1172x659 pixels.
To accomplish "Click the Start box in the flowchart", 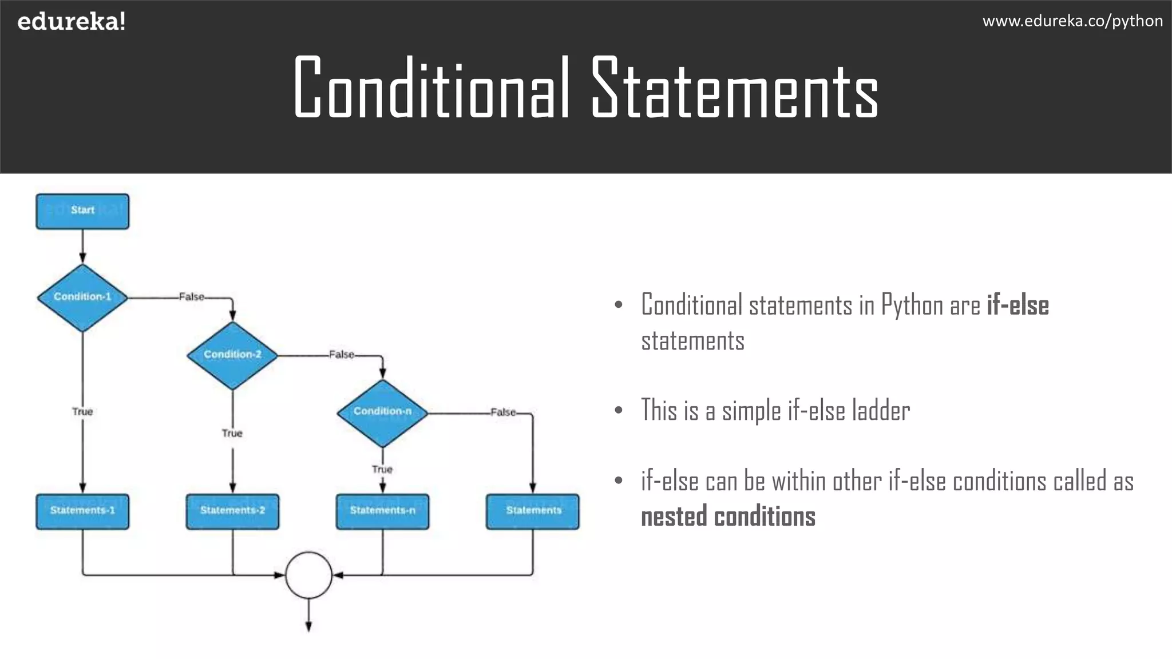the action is pyautogui.click(x=82, y=211).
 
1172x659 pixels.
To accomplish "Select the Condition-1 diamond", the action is pyautogui.click(x=82, y=297).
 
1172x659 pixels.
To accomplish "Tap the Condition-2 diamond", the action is pyautogui.click(x=232, y=355).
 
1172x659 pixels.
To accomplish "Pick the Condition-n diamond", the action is pyautogui.click(x=382, y=412).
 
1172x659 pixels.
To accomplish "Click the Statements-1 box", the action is pyautogui.click(x=82, y=511).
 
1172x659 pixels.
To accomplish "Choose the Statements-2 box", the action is pyautogui.click(x=232, y=511).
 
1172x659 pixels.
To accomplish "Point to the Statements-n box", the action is pyautogui.click(x=382, y=511).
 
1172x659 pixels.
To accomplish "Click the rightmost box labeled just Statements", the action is pyautogui.click(x=533, y=511).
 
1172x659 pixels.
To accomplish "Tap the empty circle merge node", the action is pyautogui.click(x=308, y=575).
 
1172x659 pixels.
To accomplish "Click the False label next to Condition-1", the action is pyautogui.click(x=191, y=297).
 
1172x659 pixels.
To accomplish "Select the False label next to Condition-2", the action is pyautogui.click(x=342, y=355).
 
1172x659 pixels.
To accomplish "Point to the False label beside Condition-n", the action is pyautogui.click(x=503, y=412).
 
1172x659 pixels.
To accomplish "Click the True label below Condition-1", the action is pyautogui.click(x=82, y=411).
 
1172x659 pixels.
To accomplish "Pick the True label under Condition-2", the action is pyautogui.click(x=232, y=433).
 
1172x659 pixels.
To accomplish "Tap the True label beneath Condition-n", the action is pyautogui.click(x=382, y=469).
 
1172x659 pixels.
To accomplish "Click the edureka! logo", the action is pyautogui.click(x=72, y=22).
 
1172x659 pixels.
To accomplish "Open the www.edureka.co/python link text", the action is pyautogui.click(x=1072, y=21).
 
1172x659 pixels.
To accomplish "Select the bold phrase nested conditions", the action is pyautogui.click(x=728, y=517).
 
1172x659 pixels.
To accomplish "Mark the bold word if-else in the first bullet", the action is pyautogui.click(x=1018, y=305).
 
